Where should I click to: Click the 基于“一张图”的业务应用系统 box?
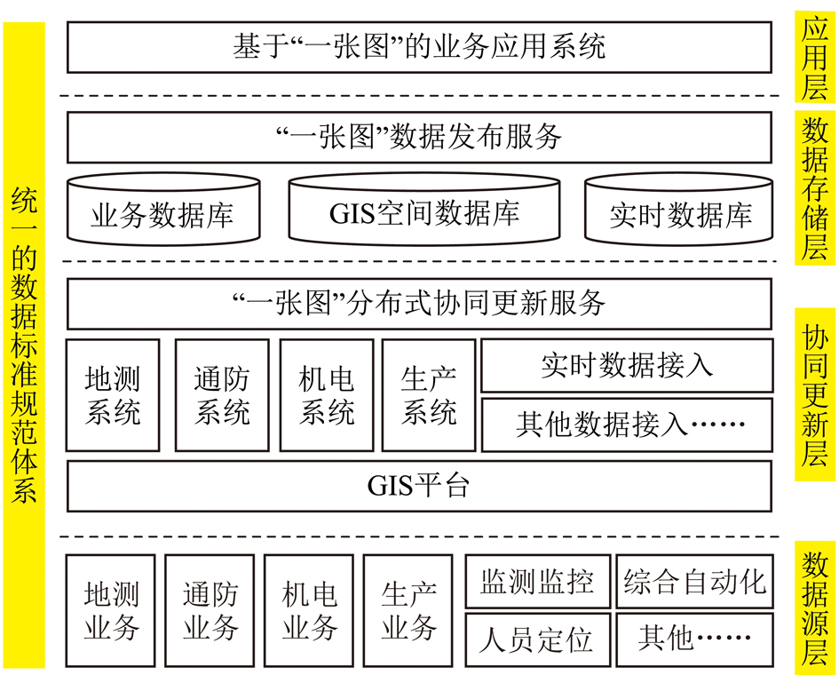(x=419, y=47)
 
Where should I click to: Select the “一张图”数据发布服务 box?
(x=419, y=137)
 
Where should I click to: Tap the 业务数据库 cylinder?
(x=163, y=209)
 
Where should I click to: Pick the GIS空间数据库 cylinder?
(x=423, y=209)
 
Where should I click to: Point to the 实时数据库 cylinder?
(x=678, y=209)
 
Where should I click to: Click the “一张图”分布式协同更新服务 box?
(x=419, y=304)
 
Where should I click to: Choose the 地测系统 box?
(x=113, y=395)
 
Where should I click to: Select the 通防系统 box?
(x=222, y=395)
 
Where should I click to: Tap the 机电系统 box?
(x=327, y=395)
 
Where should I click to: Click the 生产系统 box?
(x=429, y=395)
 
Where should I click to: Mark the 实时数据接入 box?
(x=627, y=366)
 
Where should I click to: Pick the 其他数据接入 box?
(x=627, y=425)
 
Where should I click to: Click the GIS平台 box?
(x=419, y=486)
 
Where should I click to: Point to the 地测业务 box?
(x=111, y=611)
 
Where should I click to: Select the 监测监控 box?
(x=538, y=582)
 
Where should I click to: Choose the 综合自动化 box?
(x=694, y=582)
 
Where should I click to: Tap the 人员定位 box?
(x=538, y=640)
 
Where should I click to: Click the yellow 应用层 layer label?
(x=814, y=56)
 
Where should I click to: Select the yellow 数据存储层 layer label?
(x=814, y=188)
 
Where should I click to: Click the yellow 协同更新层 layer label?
(x=814, y=394)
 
